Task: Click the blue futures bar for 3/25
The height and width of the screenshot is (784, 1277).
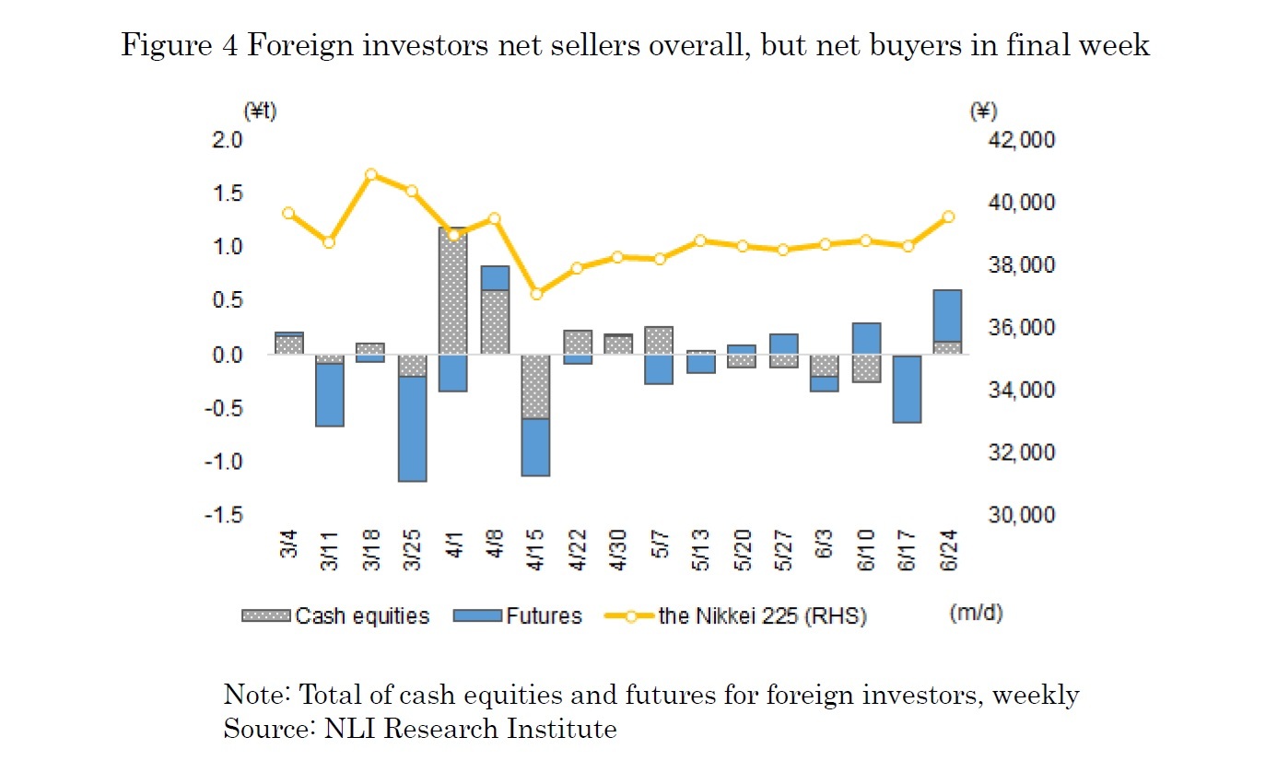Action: [x=412, y=428]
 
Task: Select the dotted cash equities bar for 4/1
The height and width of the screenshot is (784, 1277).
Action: [x=452, y=290]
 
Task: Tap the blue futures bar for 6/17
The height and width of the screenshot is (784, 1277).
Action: [x=907, y=389]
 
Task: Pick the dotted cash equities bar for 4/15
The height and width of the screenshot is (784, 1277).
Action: [x=535, y=387]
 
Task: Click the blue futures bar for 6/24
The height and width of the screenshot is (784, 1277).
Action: [x=948, y=315]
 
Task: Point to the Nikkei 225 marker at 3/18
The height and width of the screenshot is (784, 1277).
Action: [x=371, y=174]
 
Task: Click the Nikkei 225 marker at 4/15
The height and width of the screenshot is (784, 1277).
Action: [x=535, y=294]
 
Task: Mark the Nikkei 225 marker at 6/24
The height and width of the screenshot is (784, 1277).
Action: [x=948, y=217]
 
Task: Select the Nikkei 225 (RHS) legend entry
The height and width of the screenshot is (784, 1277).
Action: [x=737, y=616]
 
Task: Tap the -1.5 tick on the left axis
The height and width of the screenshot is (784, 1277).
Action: [x=226, y=515]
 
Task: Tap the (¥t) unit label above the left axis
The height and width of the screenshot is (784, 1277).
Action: [x=260, y=111]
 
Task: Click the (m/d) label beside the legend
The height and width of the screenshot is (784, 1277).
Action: [x=976, y=614]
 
